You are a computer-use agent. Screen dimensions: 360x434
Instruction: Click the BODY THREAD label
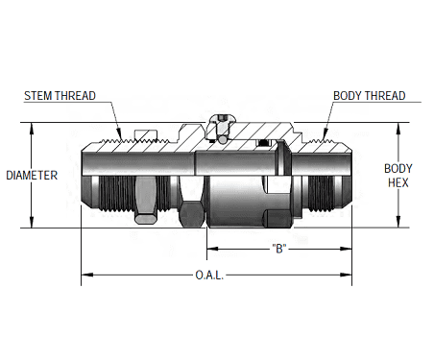point(369,96)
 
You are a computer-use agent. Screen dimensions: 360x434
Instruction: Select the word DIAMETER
point(32,176)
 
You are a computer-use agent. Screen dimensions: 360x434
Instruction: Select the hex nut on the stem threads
point(143,197)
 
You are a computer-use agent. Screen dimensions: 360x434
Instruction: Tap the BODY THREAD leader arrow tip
point(321,135)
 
